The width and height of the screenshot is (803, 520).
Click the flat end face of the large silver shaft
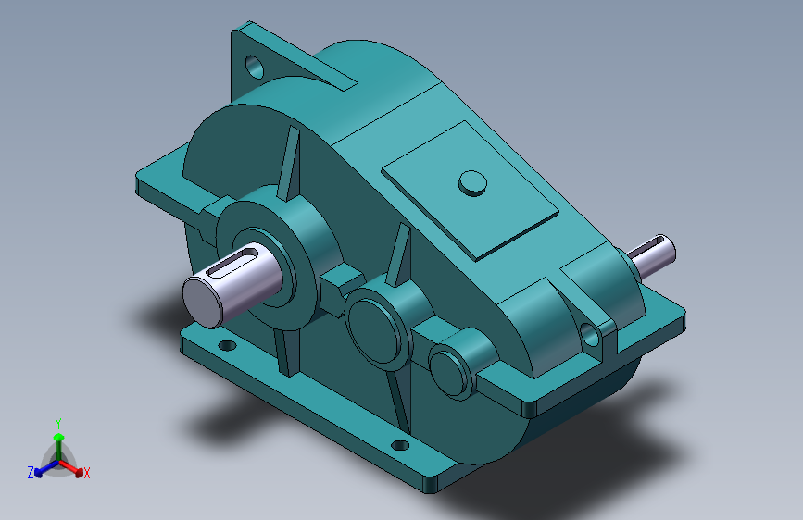pos(202,302)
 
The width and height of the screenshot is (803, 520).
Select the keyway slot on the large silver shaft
pos(239,262)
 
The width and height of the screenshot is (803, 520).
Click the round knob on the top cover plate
pos(472,183)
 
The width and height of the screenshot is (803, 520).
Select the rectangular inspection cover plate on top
pos(470,191)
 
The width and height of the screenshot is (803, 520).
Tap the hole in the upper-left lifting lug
pos(255,67)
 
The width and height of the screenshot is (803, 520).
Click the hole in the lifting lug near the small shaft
pos(589,335)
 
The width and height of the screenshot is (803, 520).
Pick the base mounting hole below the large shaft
pos(227,345)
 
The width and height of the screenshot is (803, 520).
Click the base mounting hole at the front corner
pos(400,445)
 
